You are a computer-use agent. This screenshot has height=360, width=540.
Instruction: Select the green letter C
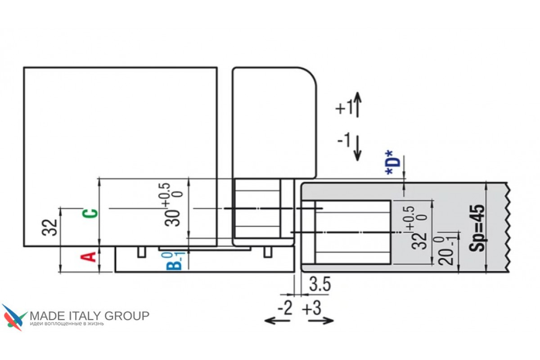tap(90, 214)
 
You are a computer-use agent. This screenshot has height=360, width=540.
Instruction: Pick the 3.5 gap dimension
tap(320, 284)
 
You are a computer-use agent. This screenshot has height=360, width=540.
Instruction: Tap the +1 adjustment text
tap(344, 108)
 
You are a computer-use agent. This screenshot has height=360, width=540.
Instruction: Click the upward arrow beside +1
tap(357, 104)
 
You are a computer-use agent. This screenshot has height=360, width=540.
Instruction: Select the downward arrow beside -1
tap(357, 148)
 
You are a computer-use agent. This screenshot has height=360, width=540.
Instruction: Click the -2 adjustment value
tap(285, 308)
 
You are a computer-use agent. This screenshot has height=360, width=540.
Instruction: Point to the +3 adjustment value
tap(312, 308)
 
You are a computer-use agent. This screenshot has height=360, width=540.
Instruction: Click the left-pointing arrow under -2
tap(277, 321)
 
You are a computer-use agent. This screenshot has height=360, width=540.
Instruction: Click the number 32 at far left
tap(49, 227)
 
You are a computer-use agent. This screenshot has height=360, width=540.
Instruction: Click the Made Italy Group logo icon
tap(14, 317)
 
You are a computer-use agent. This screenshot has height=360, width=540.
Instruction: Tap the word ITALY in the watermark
tap(85, 316)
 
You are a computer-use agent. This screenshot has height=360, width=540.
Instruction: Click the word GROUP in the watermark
tap(127, 316)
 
